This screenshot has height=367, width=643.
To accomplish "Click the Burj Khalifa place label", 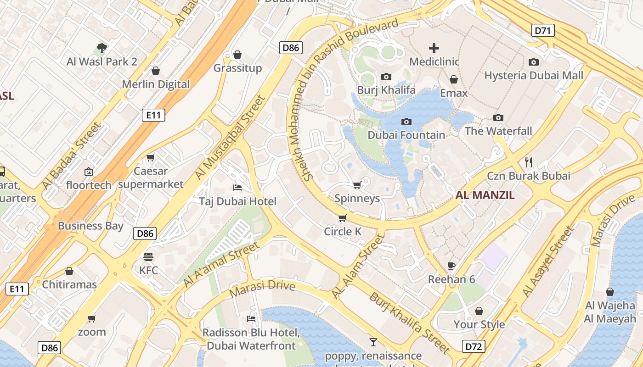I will (386, 89).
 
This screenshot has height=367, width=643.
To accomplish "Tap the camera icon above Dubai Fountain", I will (406, 122).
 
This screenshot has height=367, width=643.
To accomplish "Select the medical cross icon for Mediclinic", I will (434, 48).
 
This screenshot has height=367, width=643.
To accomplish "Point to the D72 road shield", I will (473, 346).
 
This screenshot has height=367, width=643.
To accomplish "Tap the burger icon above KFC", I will (148, 256).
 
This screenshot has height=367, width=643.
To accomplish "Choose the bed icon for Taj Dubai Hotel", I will (237, 188).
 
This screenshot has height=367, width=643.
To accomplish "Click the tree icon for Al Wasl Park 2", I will (102, 48).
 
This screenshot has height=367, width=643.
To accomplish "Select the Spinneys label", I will (357, 198).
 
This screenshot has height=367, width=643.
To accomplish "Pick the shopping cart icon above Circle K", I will (342, 218).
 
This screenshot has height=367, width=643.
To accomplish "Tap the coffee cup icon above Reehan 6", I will (451, 266).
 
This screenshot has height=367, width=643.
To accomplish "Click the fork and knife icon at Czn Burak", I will (529, 162).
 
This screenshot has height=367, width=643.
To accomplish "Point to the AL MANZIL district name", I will (485, 195).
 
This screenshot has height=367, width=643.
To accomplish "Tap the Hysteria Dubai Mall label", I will (534, 75).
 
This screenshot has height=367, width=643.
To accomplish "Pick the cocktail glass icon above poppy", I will (373, 342).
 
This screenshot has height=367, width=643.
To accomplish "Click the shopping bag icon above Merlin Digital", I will (156, 71).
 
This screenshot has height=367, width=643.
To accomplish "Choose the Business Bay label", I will (90, 226).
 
